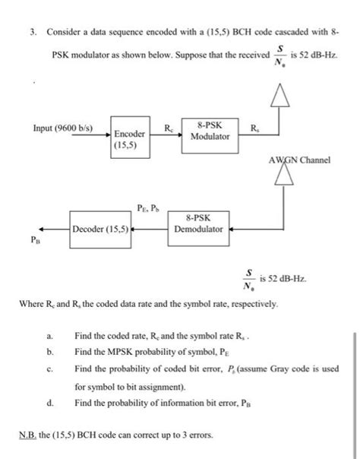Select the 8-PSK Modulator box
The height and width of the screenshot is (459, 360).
coord(210,130)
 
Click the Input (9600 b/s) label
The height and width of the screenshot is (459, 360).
coord(63,127)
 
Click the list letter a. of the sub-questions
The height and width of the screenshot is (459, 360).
coord(50,334)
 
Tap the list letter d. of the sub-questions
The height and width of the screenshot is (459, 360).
coord(50,402)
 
